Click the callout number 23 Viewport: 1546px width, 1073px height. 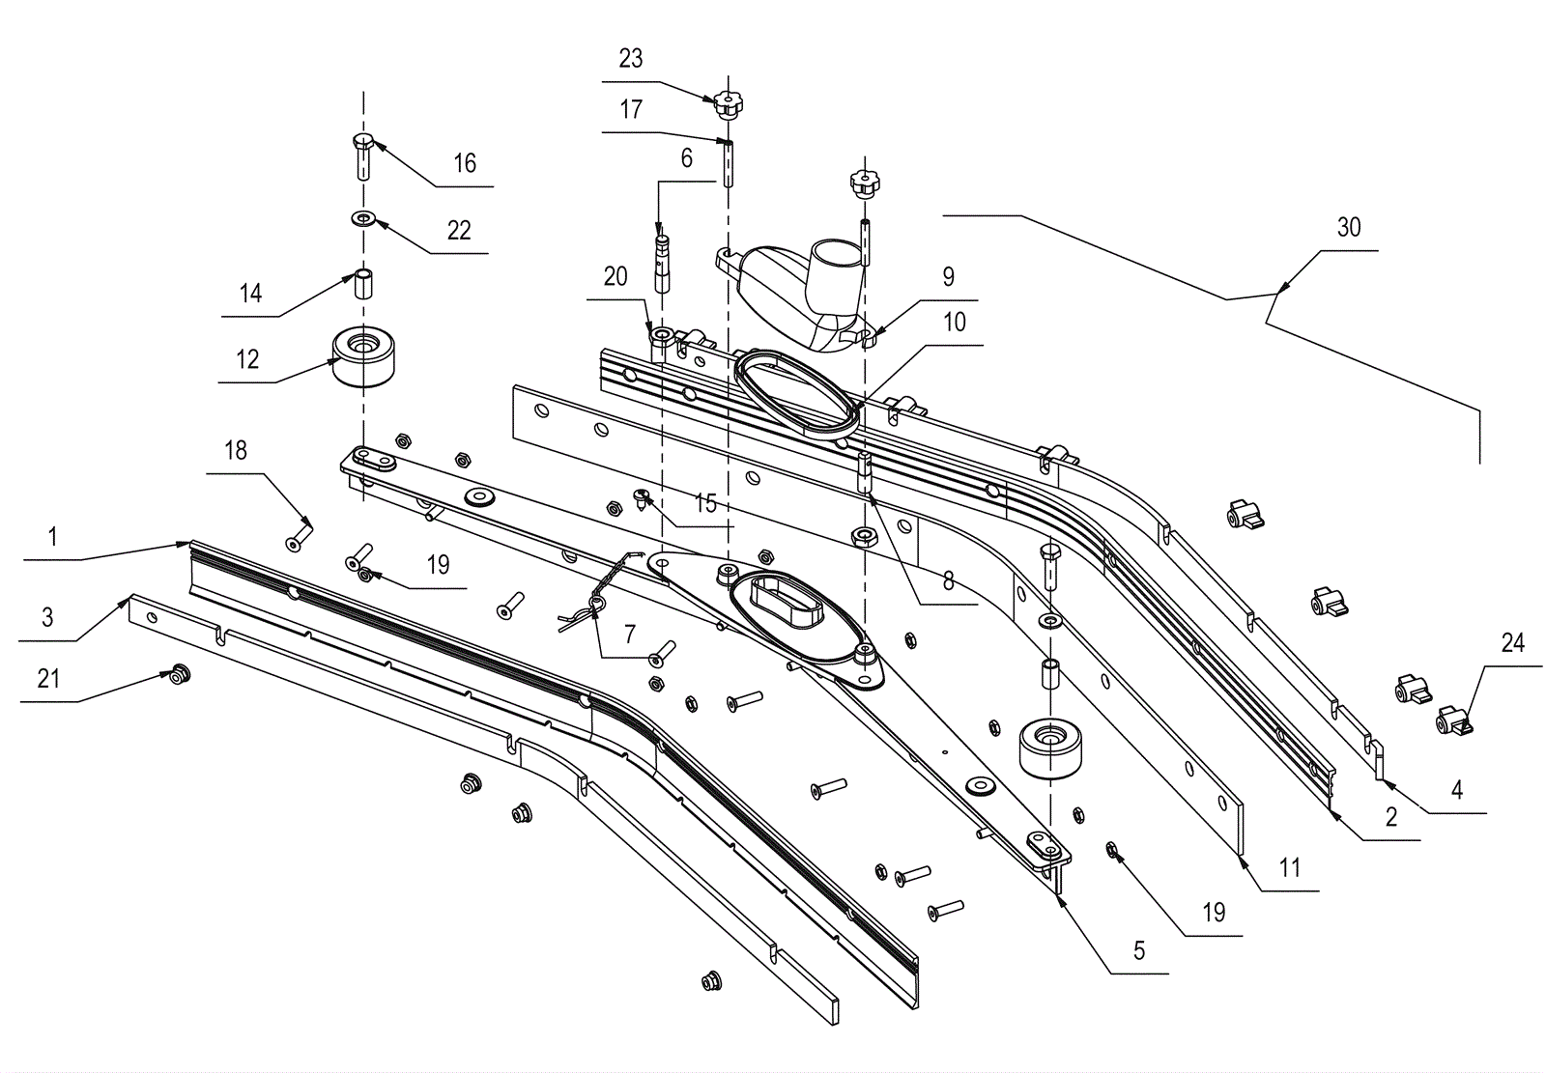point(631,59)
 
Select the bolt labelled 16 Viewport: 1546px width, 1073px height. point(363,156)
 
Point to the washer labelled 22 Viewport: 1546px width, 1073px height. point(363,219)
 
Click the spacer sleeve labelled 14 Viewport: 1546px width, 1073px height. point(363,284)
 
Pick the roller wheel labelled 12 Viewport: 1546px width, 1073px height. point(363,355)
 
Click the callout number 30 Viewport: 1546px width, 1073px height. point(1349,227)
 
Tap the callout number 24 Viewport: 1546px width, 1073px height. point(1513,643)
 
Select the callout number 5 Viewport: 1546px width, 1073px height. point(1139,950)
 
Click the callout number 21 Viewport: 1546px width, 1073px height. point(48,679)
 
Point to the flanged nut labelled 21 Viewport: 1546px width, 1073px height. point(181,674)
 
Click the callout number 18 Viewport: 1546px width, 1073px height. point(236,451)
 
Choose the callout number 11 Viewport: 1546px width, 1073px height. point(1289,867)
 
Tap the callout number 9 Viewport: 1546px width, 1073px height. point(948,277)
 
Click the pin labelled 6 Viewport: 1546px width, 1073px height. point(662,265)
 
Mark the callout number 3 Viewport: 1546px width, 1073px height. point(47,617)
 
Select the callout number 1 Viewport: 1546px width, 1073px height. point(52,536)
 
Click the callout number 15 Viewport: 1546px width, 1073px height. point(705,503)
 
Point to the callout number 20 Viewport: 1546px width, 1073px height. point(616,277)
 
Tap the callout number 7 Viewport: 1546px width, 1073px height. point(629,634)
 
